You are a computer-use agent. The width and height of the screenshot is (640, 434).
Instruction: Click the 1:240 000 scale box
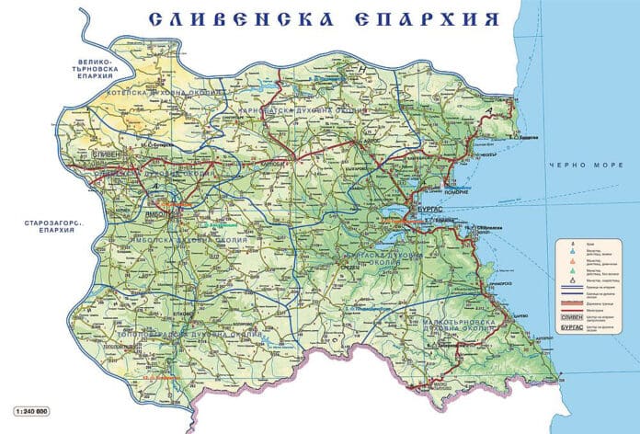click(28, 408)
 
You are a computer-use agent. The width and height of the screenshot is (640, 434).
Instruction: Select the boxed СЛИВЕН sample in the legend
click(572, 318)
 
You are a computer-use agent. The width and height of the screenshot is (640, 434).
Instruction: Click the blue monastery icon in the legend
click(572, 251)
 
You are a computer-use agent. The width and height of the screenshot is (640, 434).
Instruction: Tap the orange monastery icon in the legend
click(572, 262)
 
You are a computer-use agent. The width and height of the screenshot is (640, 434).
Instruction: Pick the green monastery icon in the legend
click(572, 272)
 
